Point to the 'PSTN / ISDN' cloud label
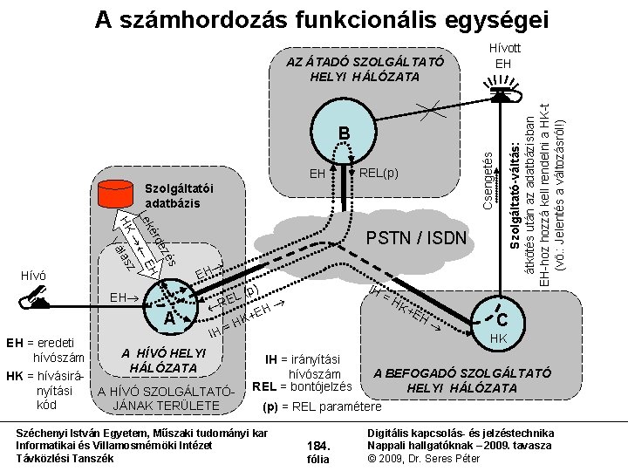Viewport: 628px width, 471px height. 416,238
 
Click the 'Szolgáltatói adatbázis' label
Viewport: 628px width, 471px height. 178,195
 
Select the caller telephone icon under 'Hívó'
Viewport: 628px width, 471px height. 36,301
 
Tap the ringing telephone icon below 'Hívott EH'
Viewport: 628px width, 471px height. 501,94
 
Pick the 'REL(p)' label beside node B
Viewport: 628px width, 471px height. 379,173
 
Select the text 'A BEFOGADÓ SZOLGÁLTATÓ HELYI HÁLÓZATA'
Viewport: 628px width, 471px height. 462,380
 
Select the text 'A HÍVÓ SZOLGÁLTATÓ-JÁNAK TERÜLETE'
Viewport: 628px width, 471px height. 166,399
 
